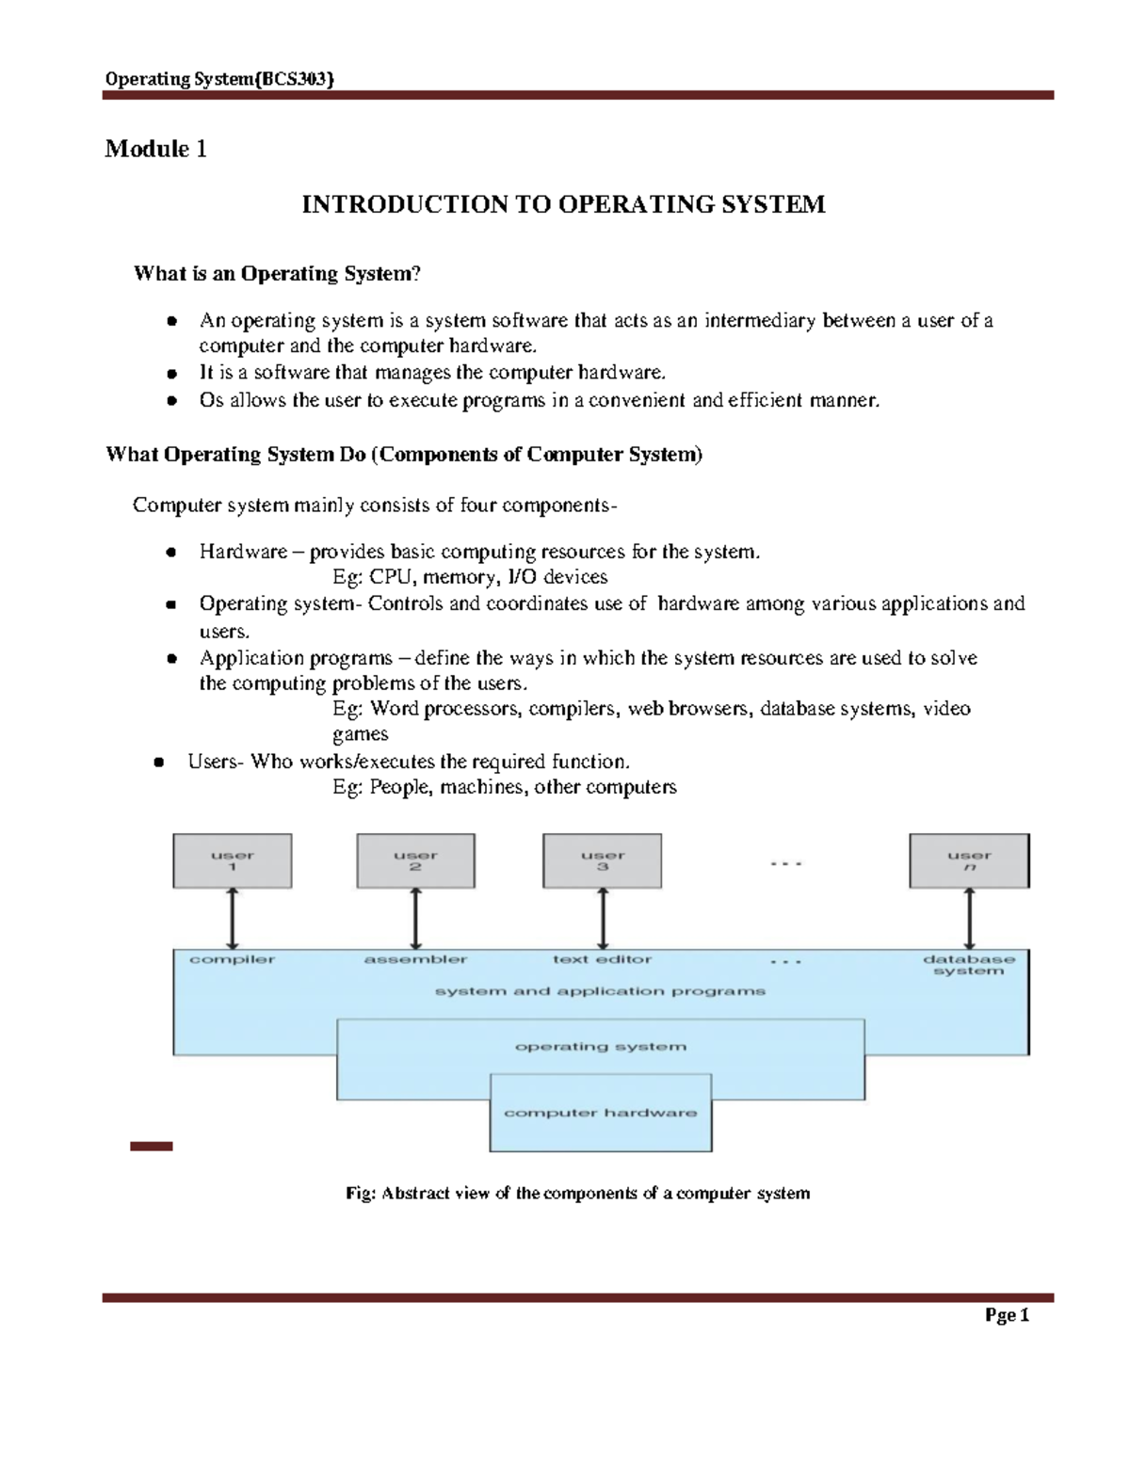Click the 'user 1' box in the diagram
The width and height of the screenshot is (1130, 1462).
(x=233, y=860)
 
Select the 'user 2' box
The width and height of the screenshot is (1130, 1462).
(x=415, y=860)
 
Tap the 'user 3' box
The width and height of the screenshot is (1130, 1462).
(x=603, y=860)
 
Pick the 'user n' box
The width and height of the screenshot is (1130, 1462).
(x=969, y=860)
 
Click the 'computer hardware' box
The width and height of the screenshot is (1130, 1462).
(x=601, y=1113)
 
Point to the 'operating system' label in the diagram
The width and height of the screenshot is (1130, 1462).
(x=601, y=1047)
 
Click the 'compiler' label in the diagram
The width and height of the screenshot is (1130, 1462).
(x=232, y=959)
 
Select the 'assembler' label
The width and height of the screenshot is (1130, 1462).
(x=415, y=959)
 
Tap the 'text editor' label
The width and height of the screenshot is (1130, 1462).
(x=602, y=959)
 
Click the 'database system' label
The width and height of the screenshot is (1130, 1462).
(x=969, y=965)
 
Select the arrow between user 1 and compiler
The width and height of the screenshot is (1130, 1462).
(x=233, y=918)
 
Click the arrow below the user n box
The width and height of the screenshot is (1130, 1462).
(x=970, y=918)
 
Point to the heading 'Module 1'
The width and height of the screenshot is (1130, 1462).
(x=155, y=149)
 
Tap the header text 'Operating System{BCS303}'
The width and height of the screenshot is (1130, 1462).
(x=219, y=79)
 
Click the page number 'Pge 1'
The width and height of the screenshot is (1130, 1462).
(x=1007, y=1315)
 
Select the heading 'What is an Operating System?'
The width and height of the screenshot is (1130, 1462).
(x=277, y=274)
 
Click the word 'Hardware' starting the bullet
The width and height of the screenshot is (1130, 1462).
(x=243, y=552)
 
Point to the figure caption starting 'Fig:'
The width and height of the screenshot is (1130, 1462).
(x=577, y=1194)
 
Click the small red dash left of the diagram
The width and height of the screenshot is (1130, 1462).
(x=152, y=1146)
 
